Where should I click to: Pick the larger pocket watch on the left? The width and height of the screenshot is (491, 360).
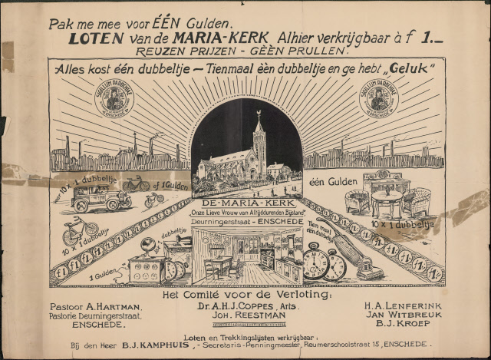coord(316,262)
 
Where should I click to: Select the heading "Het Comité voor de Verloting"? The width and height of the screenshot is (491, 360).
coord(245,294)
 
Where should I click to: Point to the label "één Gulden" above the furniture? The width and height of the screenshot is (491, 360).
coord(328,182)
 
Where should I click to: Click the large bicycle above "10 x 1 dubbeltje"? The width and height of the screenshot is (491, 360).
coord(81,230)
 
